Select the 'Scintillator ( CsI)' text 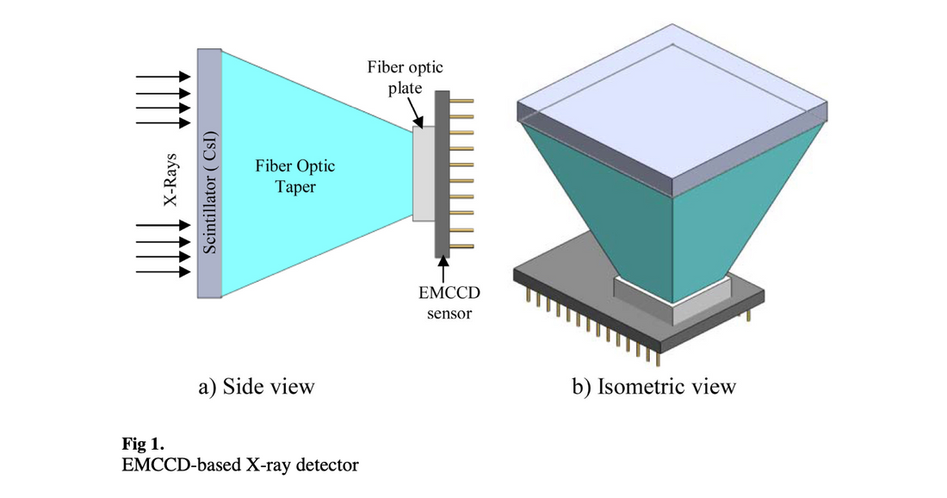tap(209, 191)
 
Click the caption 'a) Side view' tap(256, 387)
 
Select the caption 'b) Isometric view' tap(653, 387)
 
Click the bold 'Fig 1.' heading tap(143, 446)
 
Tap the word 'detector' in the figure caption tap(331, 466)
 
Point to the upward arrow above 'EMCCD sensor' tap(443, 268)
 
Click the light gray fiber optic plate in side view tap(424, 173)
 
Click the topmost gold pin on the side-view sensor tap(463, 102)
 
